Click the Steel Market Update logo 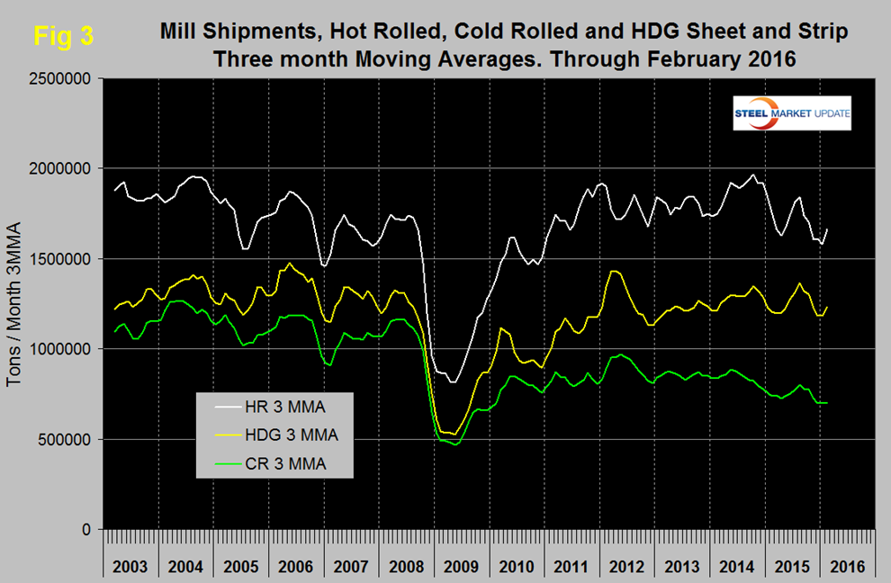coord(793,112)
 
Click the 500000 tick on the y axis coord(67,440)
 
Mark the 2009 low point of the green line coord(456,444)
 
